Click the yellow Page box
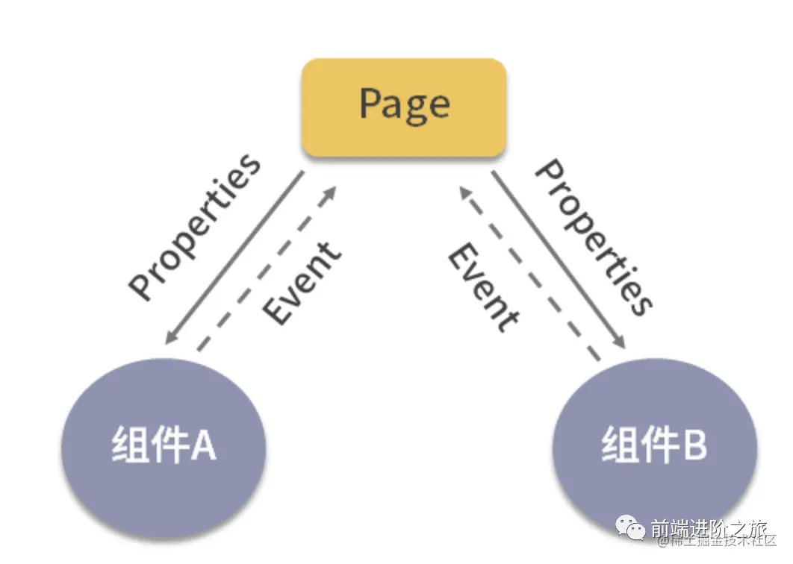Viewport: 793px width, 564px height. tap(404, 107)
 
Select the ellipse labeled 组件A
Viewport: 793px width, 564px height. tap(164, 446)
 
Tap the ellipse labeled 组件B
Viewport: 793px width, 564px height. tap(654, 446)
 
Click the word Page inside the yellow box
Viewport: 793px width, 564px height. tap(404, 104)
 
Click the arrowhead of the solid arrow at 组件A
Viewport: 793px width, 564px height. tap(171, 338)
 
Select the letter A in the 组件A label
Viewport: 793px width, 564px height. tap(202, 445)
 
